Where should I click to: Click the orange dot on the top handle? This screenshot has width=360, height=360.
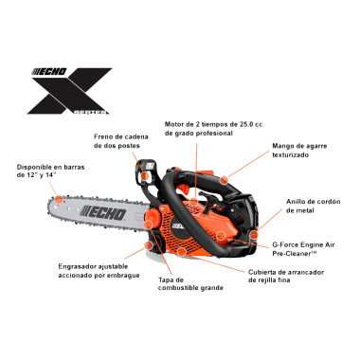[225, 177]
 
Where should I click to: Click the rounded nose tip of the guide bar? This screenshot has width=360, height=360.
[46, 217]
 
